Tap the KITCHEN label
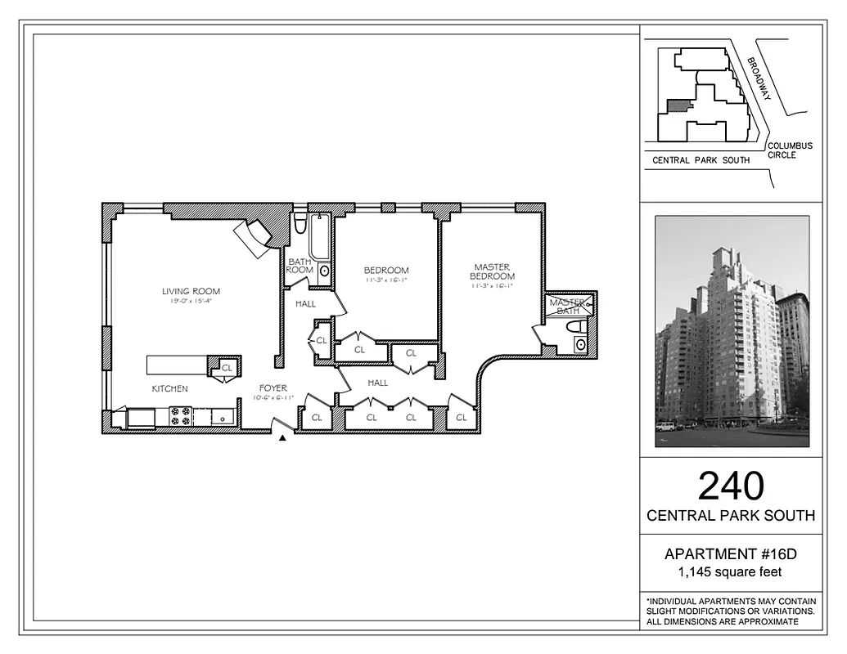pos(169,388)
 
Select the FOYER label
pos(273,388)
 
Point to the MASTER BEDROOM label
pos(492,271)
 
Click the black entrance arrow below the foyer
pos(282,438)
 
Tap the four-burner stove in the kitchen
pos(180,417)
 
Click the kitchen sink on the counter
pos(223,417)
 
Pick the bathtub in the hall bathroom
pos(320,237)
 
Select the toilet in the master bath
pos(577,326)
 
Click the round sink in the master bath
pos(580,345)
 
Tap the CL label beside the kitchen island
pos(227,367)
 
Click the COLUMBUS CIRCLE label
pos(790,150)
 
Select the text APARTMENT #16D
pos(731,554)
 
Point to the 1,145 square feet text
pos(731,571)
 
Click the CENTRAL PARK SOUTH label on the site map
pos(701,161)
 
